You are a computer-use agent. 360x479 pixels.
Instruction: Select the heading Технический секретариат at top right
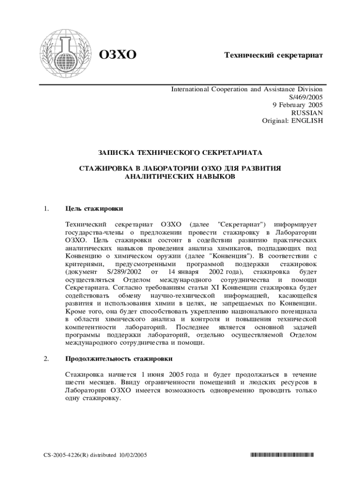coord(274,55)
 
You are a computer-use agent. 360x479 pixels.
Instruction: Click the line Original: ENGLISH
coord(292,121)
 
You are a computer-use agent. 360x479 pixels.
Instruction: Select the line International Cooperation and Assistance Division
coord(246,89)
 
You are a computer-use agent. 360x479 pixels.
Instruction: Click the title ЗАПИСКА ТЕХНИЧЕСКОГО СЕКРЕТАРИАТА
coord(180,152)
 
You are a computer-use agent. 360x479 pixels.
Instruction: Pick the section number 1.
coord(46,208)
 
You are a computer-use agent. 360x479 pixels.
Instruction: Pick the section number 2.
coord(46,359)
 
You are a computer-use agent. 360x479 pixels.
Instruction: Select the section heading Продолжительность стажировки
coord(119,359)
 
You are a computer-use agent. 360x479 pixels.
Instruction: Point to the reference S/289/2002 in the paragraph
coord(124,272)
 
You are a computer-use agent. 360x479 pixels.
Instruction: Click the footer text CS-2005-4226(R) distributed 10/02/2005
coord(93,454)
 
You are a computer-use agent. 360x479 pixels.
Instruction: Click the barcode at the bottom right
coord(281,454)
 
